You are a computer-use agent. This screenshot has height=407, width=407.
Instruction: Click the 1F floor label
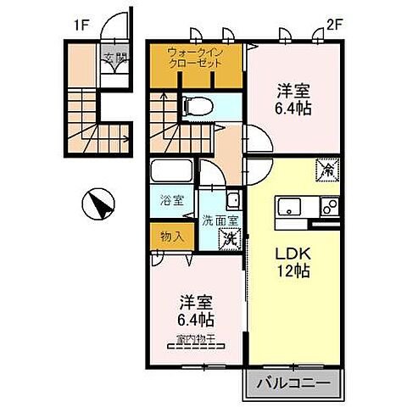(81, 25)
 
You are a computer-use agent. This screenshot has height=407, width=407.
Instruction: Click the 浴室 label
(173, 201)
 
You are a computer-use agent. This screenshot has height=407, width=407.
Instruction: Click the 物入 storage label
(172, 235)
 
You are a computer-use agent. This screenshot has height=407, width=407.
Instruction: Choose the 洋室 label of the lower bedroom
(196, 301)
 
